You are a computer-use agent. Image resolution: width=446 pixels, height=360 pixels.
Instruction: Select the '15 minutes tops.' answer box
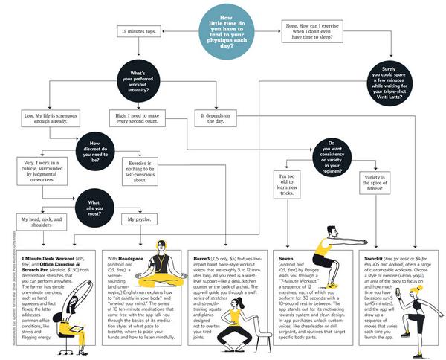(137, 31)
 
